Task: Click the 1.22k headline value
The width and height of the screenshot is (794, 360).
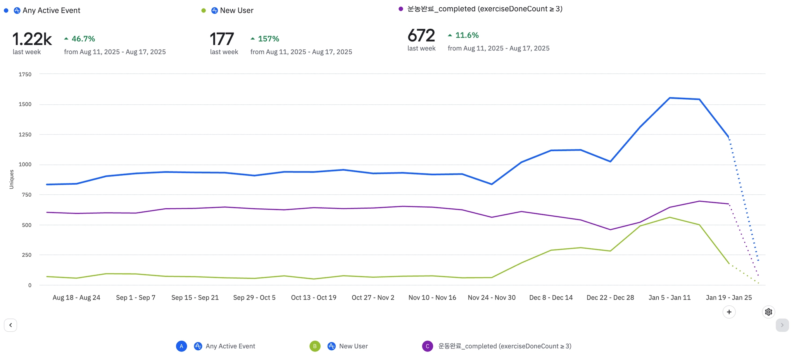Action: point(32,39)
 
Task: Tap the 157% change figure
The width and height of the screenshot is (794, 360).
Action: point(268,39)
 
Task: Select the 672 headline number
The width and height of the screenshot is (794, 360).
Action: point(421,36)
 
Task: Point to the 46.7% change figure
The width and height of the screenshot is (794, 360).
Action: point(83,39)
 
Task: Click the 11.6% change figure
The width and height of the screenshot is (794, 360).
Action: point(467,35)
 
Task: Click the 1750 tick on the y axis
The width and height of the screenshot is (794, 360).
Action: point(25,74)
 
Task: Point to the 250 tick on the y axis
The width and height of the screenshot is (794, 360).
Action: point(27,255)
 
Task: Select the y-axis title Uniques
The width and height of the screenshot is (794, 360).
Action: point(11,179)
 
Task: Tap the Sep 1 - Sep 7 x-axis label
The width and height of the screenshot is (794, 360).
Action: point(136,298)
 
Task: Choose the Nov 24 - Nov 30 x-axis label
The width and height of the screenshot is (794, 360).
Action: point(492,298)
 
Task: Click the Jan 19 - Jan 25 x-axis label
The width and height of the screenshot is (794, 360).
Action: point(728,298)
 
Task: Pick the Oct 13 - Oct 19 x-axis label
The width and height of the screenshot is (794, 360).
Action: point(314,298)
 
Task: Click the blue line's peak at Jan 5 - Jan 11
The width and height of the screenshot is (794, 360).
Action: point(670,98)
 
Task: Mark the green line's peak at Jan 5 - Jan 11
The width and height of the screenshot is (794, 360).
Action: point(670,217)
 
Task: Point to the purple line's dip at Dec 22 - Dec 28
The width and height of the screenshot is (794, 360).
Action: point(610,230)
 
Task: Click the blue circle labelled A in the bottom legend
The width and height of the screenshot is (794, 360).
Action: point(181,346)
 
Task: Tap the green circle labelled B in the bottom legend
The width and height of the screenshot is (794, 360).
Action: point(315,346)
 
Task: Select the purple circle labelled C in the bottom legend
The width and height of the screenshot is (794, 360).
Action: point(427,346)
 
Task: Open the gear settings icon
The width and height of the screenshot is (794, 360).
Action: point(768,312)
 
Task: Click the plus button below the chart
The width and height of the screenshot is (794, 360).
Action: point(729,312)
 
